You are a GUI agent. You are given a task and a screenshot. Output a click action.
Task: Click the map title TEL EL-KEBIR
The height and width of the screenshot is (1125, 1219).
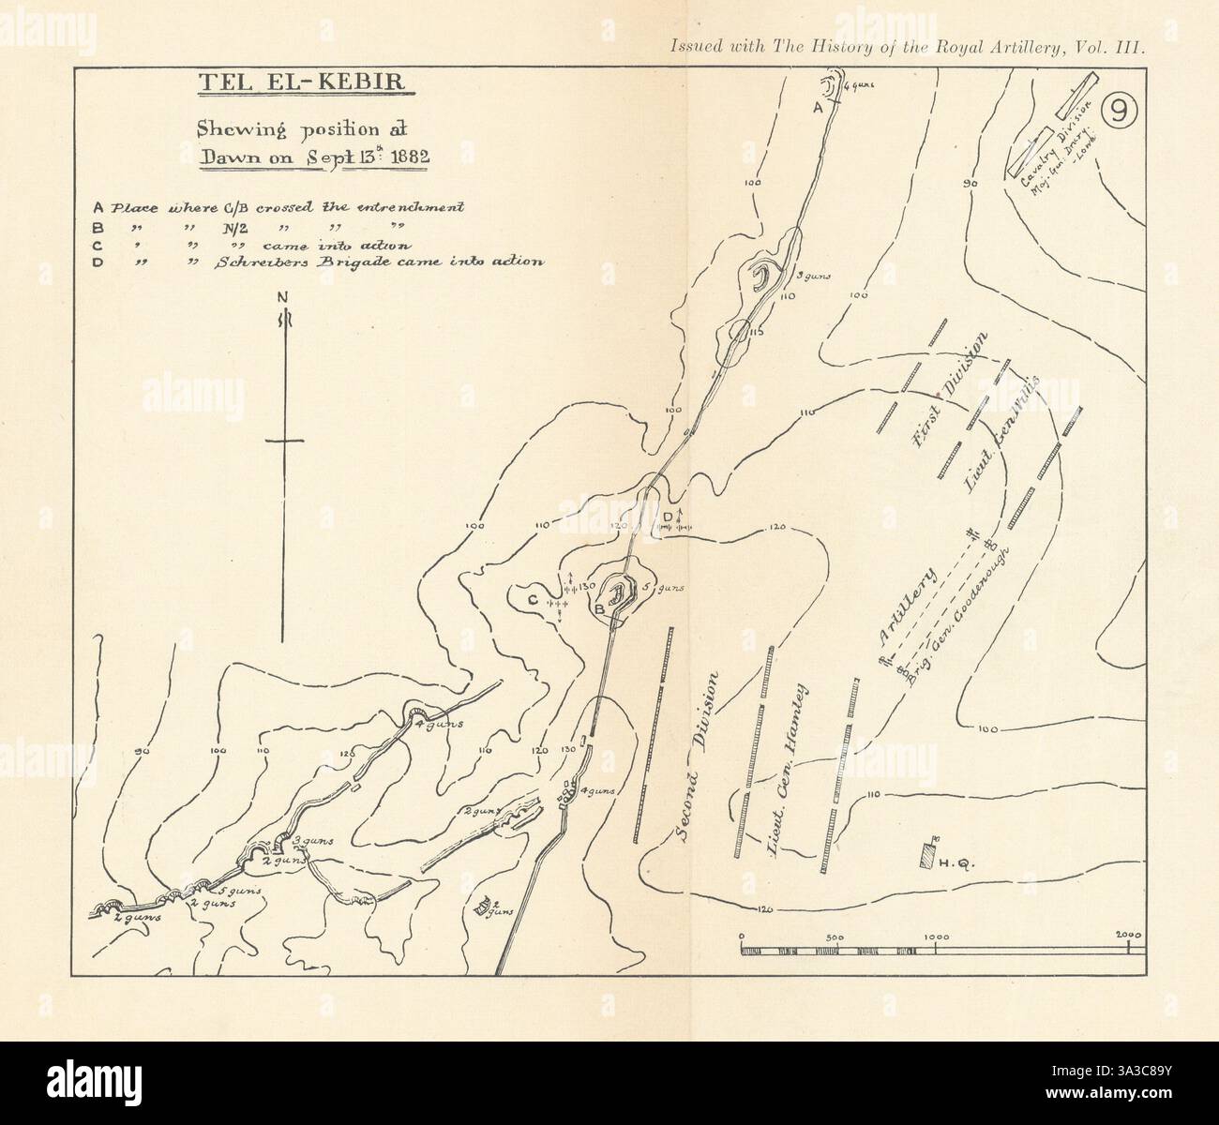(301, 82)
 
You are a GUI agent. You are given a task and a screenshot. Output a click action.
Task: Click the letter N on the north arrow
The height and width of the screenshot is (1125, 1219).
(282, 298)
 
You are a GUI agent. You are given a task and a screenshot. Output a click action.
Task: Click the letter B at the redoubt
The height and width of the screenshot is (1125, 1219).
(601, 609)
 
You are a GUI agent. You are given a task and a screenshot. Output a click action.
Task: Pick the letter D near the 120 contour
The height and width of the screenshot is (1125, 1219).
(668, 517)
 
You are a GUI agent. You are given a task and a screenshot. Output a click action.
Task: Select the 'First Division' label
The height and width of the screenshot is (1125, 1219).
(951, 390)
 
